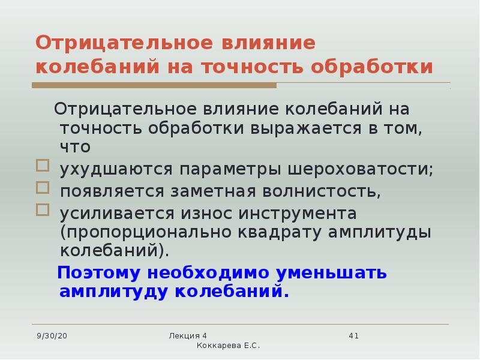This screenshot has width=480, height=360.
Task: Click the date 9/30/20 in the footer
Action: (x=52, y=336)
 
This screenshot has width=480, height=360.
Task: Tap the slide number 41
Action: (x=353, y=336)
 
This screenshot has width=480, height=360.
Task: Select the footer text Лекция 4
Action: (x=188, y=336)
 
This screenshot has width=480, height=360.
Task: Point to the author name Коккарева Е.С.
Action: (x=228, y=346)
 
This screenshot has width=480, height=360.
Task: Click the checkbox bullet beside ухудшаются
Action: (x=43, y=166)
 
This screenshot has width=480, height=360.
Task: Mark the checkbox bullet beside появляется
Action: (x=43, y=188)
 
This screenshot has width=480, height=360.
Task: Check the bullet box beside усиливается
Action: (x=43, y=210)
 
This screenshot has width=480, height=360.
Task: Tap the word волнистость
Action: (x=322, y=191)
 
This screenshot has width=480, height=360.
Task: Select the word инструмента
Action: (x=298, y=214)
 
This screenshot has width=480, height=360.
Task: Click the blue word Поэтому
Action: (x=99, y=272)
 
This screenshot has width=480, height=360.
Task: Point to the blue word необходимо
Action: (x=208, y=272)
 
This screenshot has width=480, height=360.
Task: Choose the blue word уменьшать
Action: (x=331, y=273)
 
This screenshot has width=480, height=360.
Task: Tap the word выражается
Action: (x=306, y=128)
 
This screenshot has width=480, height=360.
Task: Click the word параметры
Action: (x=230, y=170)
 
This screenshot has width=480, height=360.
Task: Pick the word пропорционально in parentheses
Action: (x=146, y=233)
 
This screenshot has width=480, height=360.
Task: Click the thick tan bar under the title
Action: (x=154, y=85)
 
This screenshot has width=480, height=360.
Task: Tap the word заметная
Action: (x=213, y=191)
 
